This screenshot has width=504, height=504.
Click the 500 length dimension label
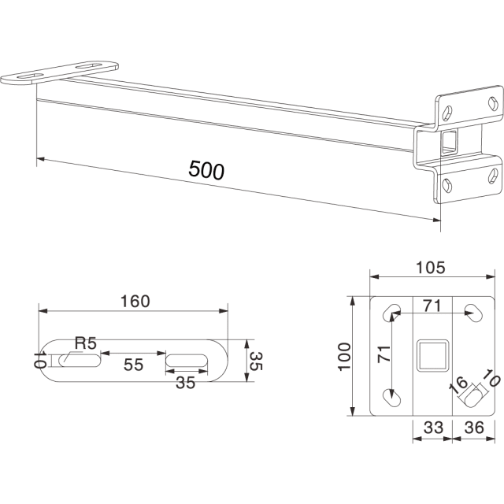tap(206, 170)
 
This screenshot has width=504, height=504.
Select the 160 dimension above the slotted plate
tap(135, 301)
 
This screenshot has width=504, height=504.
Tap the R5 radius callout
tap(86, 343)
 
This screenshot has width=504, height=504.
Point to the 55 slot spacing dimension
tap(133, 365)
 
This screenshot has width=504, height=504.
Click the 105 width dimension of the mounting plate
tap(431, 268)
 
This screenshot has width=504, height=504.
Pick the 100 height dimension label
tap(344, 357)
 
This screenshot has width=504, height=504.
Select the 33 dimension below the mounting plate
tap(433, 428)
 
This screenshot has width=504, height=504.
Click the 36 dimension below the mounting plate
tap(474, 428)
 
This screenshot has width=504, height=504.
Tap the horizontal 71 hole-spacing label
tap(432, 306)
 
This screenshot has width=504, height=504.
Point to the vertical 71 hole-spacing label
tap(384, 354)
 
